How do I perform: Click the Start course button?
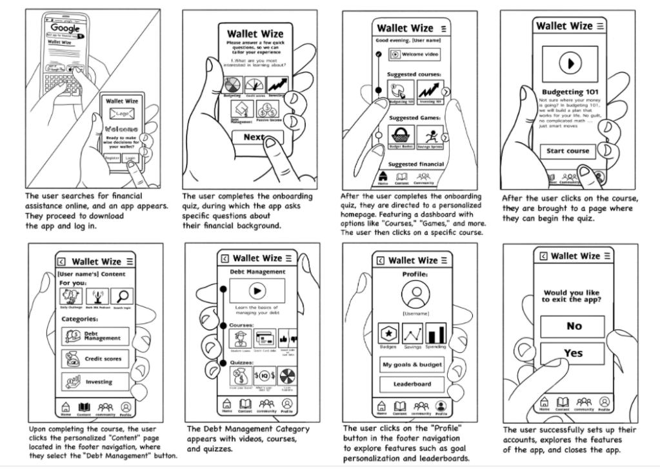click(x=568, y=151)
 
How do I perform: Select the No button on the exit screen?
click(x=574, y=326)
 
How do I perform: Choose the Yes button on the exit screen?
click(x=574, y=353)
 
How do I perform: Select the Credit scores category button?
click(x=95, y=359)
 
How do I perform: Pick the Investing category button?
click(x=95, y=381)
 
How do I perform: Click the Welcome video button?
click(x=414, y=55)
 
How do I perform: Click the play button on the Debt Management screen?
click(x=257, y=291)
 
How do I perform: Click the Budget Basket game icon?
click(x=401, y=135)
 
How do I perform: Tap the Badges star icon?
click(x=388, y=333)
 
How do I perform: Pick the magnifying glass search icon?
click(x=121, y=297)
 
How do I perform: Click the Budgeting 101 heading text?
click(x=570, y=92)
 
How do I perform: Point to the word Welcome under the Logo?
click(x=123, y=129)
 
